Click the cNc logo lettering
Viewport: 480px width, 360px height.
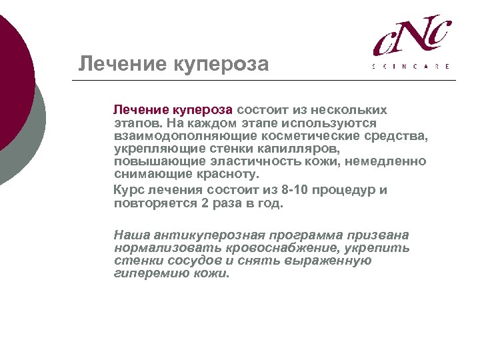411,38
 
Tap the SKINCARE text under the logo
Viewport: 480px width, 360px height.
411,66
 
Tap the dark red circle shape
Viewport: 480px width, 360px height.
10,80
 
